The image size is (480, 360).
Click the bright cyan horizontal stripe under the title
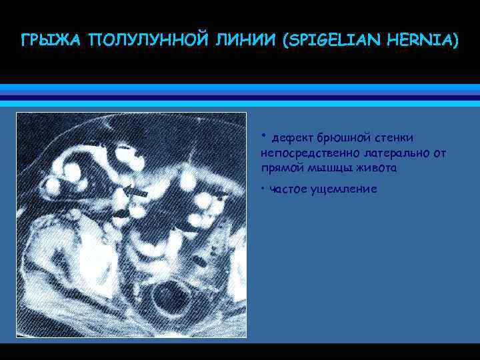240,87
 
